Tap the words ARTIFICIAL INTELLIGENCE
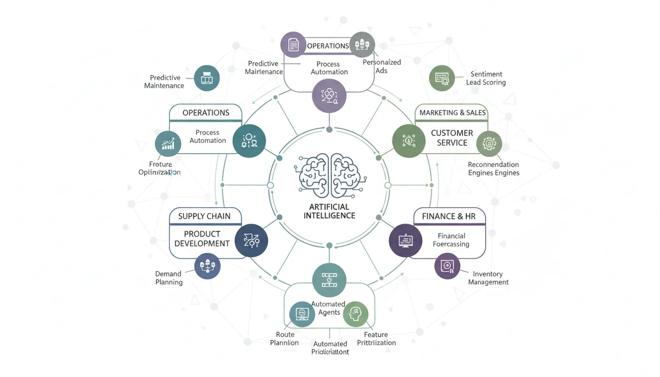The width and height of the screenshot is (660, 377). point(330,211)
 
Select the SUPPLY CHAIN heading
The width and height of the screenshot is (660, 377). point(204,216)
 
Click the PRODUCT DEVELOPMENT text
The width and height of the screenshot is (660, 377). point(202,239)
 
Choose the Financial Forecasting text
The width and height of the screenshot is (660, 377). point(451,240)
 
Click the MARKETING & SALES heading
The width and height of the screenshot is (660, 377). point(452,113)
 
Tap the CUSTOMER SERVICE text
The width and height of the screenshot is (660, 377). point(452,138)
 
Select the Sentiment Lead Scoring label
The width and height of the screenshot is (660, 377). point(486,79)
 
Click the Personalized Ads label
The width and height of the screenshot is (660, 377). point(382,66)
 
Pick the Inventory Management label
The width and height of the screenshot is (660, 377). point(488,278)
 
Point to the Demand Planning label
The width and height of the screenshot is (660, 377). point(168,278)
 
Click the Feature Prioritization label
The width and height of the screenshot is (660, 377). point(376,339)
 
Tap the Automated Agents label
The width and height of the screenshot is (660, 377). point(329,308)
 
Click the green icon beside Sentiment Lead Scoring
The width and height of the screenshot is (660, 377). point(442,78)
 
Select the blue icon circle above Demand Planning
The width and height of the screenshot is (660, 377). point(207,267)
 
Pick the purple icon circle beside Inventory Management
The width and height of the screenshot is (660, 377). point(447,266)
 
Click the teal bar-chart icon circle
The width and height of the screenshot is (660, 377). point(168,144)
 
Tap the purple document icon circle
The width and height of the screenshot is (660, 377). point(293,45)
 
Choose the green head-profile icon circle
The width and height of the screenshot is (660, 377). point(356,314)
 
